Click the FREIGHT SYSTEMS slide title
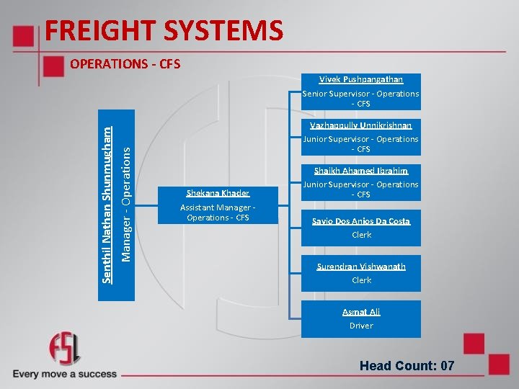164,31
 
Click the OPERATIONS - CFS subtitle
125,64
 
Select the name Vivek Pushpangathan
361,79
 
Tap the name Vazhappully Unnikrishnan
361,125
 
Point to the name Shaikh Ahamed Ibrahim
361,171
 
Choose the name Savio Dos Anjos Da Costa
361,221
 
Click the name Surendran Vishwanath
361,267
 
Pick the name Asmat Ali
361,312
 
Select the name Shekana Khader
218,193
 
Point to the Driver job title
361,326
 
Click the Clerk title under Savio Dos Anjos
361,235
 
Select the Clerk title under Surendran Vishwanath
361,280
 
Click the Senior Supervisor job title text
361,99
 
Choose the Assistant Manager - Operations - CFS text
218,213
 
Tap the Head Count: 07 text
407,366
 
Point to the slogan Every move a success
65,374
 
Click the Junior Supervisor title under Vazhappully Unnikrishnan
361,144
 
